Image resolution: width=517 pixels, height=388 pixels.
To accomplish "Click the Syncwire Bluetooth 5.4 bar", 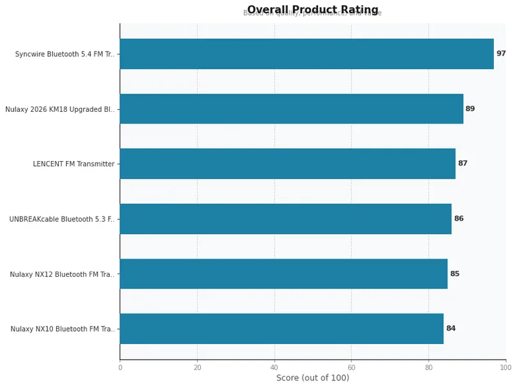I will click(306, 54).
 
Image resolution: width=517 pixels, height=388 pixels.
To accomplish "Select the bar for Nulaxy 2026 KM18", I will click(291, 109).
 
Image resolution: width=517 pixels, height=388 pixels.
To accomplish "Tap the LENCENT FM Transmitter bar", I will click(288, 164).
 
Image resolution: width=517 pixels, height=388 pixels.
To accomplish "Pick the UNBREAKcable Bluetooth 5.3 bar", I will click(286, 219).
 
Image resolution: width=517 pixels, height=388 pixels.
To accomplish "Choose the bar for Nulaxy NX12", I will click(284, 274).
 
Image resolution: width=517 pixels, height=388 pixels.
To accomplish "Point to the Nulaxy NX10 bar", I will click(282, 329).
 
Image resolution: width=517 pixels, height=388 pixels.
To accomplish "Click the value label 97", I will click(501, 54).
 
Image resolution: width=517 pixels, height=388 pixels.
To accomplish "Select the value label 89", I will click(470, 109).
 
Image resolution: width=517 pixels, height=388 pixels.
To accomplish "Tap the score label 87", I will click(462, 164).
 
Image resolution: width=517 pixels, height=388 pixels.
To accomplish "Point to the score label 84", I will click(450, 329).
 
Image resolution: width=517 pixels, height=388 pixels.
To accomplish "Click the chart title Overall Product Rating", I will click(313, 10).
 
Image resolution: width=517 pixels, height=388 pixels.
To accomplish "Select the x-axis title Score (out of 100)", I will click(313, 378).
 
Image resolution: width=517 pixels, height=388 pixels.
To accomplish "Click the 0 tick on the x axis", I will click(120, 367).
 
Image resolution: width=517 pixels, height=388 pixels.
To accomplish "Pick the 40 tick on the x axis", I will click(274, 367).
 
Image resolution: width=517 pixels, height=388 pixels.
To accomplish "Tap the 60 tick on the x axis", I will click(351, 367).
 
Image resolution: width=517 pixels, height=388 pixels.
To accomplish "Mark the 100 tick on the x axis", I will click(505, 367).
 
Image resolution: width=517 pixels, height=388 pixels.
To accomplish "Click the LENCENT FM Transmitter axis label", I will click(74, 164).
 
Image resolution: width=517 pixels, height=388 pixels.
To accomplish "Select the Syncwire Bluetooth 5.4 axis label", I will click(65, 54).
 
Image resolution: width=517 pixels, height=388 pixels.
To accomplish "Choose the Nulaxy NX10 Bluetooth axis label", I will click(63, 329).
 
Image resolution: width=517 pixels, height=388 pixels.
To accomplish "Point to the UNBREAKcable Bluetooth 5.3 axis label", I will click(62, 219).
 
